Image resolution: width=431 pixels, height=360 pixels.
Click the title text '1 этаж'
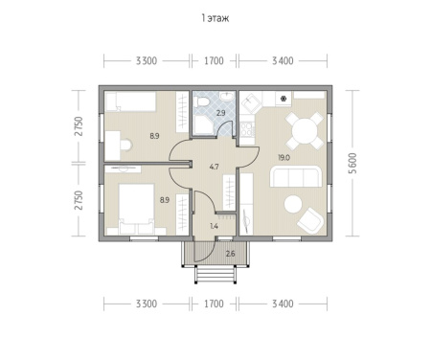click(x=215, y=18)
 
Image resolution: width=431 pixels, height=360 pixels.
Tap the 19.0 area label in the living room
click(x=284, y=158)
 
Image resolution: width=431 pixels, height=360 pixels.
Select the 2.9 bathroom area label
click(x=220, y=113)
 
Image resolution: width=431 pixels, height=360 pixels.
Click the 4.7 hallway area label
click(x=215, y=167)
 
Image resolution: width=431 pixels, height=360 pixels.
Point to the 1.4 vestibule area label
click(x=214, y=226)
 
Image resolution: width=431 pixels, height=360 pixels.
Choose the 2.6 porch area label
click(x=230, y=254)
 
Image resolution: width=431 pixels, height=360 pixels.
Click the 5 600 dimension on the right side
click(x=352, y=163)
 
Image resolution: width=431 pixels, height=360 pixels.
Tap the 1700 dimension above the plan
click(x=214, y=60)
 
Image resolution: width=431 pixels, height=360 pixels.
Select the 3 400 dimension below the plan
click(x=283, y=304)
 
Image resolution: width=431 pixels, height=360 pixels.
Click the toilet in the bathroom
click(x=202, y=102)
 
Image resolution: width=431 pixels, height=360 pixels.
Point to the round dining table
click(x=305, y=130)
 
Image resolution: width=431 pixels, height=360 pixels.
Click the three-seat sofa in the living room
click(x=296, y=176)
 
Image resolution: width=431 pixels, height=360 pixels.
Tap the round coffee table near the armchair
click(x=293, y=204)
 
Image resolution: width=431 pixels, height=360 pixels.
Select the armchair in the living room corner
click(x=310, y=220)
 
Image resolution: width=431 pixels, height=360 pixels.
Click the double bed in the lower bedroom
click(x=136, y=209)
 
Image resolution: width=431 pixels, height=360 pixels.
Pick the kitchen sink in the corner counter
click(x=251, y=101)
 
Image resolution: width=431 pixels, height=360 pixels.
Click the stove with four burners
click(x=247, y=130)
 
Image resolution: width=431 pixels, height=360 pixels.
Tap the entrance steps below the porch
click(x=215, y=275)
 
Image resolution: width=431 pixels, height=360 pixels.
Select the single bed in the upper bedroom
click(x=130, y=101)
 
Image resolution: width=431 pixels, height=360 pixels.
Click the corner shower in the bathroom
click(x=202, y=124)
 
